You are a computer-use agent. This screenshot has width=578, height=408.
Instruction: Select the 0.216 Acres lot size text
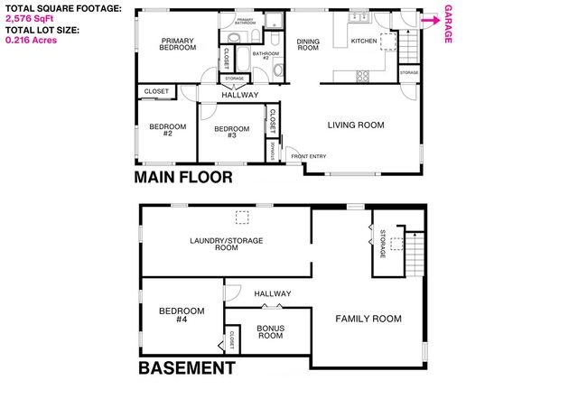(32, 41)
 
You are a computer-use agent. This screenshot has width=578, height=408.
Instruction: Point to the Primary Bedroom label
(178, 43)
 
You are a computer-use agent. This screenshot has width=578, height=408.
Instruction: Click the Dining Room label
(308, 44)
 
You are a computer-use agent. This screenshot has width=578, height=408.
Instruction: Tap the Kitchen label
(363, 41)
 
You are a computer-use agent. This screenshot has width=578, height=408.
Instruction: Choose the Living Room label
(356, 125)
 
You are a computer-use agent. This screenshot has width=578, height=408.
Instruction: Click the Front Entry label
(309, 156)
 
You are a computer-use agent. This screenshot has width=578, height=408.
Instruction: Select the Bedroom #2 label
(168, 130)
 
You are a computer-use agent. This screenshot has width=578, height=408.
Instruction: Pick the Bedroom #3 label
(231, 132)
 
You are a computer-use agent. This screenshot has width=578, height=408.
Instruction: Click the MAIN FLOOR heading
(183, 177)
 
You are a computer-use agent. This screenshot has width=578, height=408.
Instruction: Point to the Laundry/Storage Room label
(214, 243)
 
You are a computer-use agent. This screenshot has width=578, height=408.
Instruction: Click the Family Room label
(368, 319)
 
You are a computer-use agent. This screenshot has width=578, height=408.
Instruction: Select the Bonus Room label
(270, 331)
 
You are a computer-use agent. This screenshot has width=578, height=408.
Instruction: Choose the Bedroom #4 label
(181, 315)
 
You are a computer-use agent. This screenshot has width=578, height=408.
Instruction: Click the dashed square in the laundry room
(242, 217)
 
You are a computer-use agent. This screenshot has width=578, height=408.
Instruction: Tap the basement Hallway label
(273, 293)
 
